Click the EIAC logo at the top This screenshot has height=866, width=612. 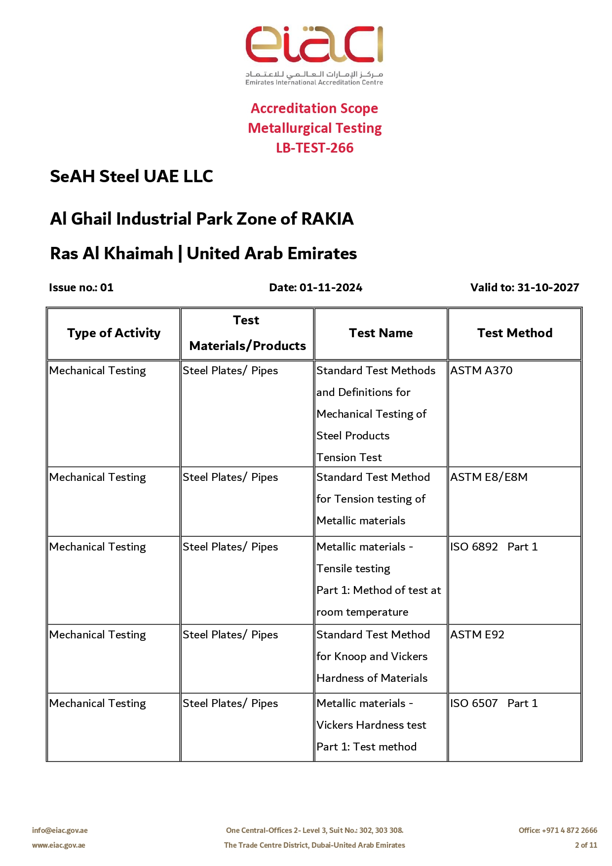[314, 54]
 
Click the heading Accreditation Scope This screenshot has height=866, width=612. [314, 108]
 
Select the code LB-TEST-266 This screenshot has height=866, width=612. [314, 148]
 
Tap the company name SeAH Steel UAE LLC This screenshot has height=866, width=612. [131, 176]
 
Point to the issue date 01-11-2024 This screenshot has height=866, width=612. [331, 287]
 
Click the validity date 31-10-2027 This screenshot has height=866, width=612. [548, 287]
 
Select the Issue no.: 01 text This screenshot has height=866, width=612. [81, 287]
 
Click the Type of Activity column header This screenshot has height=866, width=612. [114, 333]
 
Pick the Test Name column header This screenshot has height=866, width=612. [381, 333]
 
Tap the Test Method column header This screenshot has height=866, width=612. [514, 333]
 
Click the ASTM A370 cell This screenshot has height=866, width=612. [481, 370]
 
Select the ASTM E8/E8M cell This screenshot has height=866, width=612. [489, 477]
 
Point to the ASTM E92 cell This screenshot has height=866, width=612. [477, 634]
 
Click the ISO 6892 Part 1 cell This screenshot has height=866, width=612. [494, 547]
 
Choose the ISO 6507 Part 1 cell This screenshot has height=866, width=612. [494, 703]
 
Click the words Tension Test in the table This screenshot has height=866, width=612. [349, 457]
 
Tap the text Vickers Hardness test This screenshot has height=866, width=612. [371, 725]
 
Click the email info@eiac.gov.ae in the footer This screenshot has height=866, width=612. [60, 830]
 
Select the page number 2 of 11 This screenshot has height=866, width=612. [586, 845]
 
